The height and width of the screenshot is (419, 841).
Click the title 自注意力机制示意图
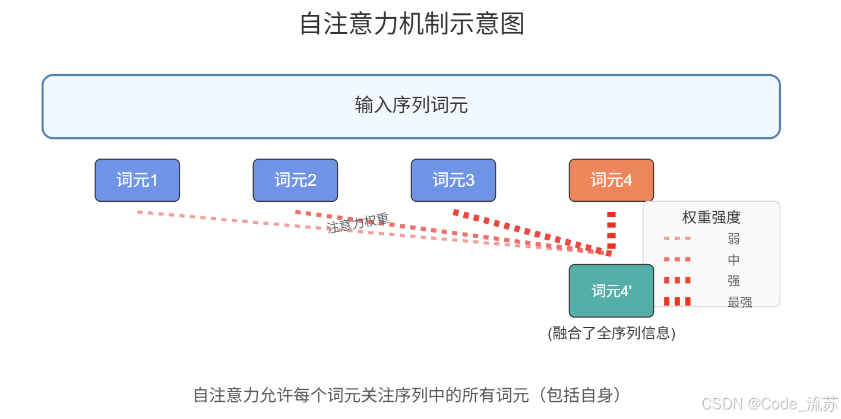pos(412,24)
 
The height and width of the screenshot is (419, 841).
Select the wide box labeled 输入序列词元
pos(411,106)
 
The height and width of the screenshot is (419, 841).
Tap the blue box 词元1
pos(137,180)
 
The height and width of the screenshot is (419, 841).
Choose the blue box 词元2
pos(295,180)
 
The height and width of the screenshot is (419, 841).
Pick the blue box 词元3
pos(453,180)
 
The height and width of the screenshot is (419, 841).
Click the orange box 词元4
pos(611,180)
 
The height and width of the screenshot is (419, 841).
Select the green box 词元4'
pos(611,291)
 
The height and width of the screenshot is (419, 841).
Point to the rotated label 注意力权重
pos(358,223)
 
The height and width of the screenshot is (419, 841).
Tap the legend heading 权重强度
pos(711,217)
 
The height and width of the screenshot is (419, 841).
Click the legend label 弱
pos(733,239)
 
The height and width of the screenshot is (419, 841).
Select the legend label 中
pos(733,260)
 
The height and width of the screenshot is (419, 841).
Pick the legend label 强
pos(733,281)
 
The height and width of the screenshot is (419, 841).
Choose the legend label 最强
pos(739,302)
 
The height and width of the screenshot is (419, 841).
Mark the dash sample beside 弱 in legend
pos(677,239)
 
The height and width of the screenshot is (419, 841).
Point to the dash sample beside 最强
pos(677,301)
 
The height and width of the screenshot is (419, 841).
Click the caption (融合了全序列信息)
pos(611,333)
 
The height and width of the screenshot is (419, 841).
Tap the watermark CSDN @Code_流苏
pos(770,404)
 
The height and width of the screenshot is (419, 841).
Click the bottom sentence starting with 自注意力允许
pos(410,395)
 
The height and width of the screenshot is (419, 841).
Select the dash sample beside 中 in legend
pos(677,259)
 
